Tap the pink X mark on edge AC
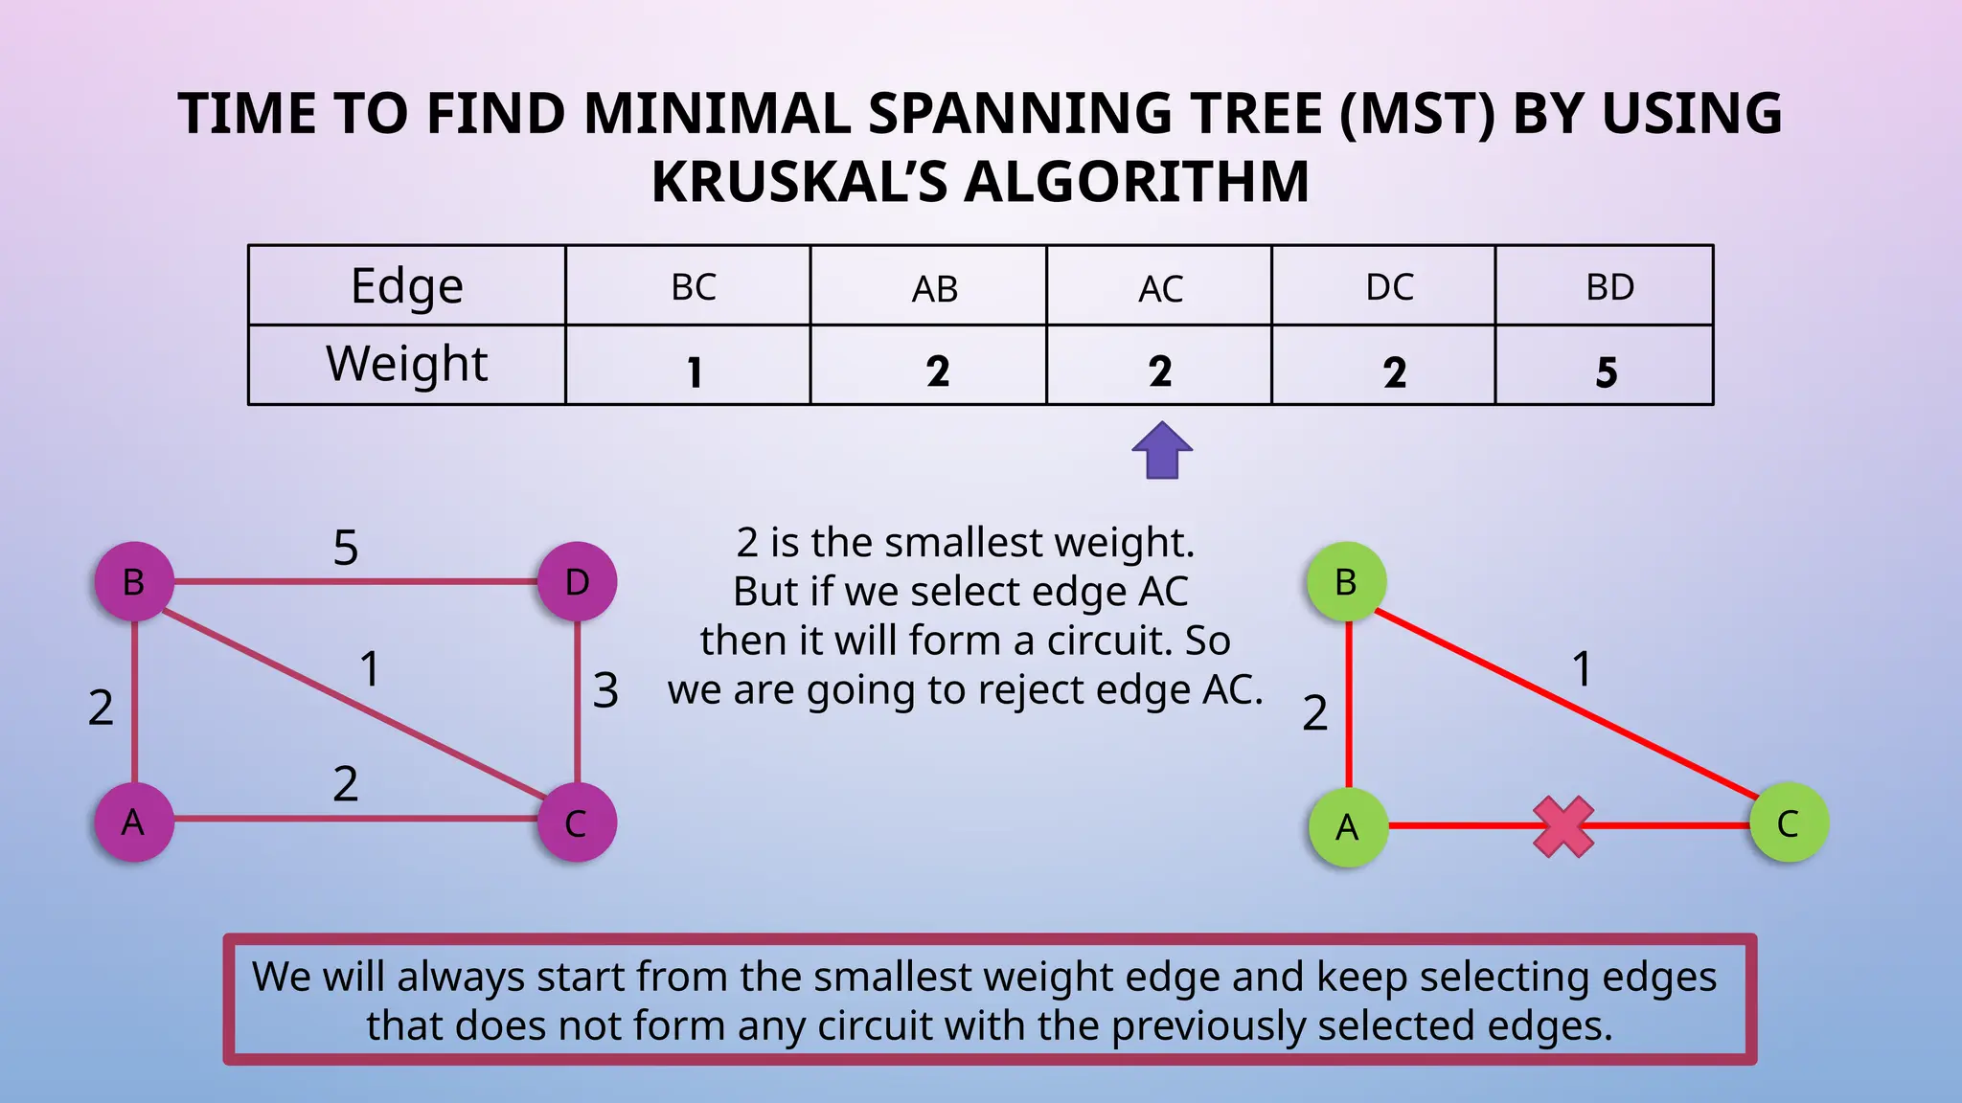click(1563, 826)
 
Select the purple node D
click(577, 581)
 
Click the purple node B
click(134, 581)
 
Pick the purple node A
click(134, 822)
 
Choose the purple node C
click(577, 822)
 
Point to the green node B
click(1346, 581)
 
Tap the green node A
click(1348, 826)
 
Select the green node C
click(1789, 822)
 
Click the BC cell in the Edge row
click(694, 287)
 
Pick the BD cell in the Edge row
click(1609, 287)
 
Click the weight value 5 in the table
click(1607, 371)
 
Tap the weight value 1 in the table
click(695, 371)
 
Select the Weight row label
click(407, 364)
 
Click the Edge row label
click(407, 285)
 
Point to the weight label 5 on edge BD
click(346, 548)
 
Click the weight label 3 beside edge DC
click(605, 690)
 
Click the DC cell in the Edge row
click(1389, 287)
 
